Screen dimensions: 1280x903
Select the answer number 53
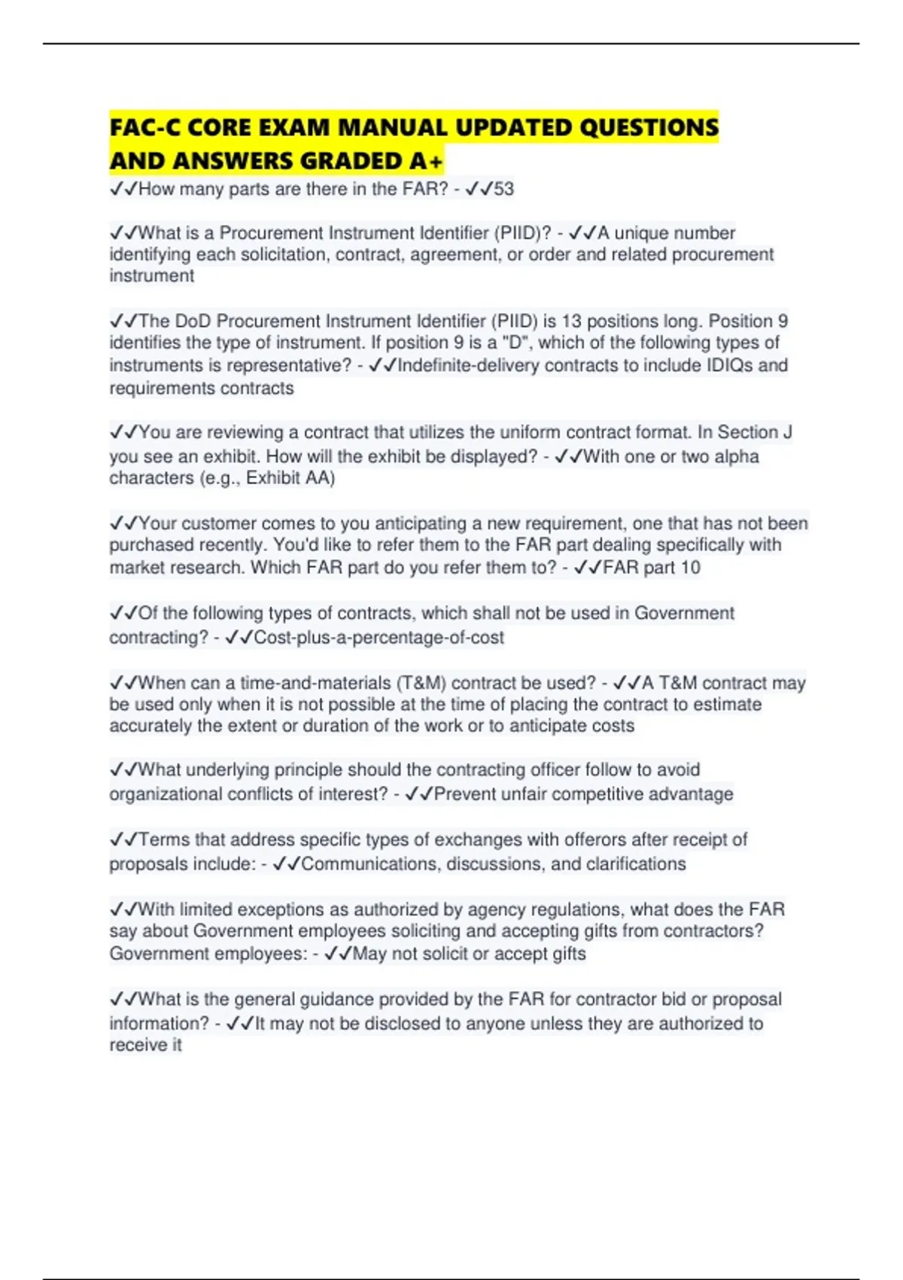[x=503, y=188]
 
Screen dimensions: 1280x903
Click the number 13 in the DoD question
[x=571, y=321]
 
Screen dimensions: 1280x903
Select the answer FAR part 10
[x=651, y=567]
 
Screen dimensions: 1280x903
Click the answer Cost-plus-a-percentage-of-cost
[x=379, y=637]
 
